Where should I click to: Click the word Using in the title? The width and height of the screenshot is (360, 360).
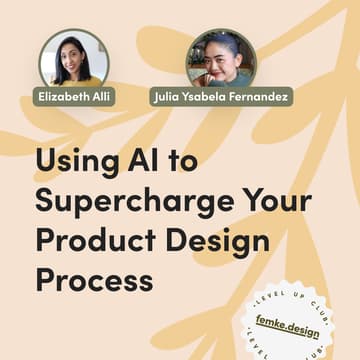pos(76,163)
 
